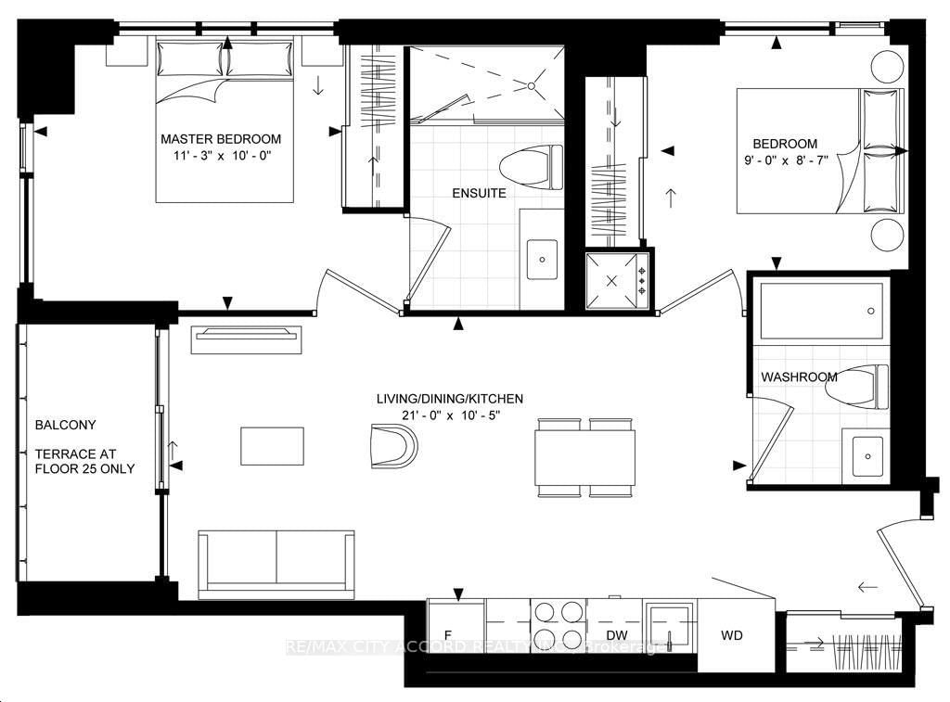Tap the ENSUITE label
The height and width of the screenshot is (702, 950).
point(480,193)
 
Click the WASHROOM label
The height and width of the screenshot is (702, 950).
point(799,377)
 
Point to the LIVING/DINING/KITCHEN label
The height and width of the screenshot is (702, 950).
point(449,399)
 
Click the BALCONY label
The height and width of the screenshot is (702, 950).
point(65,425)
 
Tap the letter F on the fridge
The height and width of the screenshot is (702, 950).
point(448,635)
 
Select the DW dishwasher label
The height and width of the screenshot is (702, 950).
point(616,635)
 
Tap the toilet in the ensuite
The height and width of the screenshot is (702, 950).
point(531,168)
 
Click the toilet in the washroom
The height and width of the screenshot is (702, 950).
point(855,385)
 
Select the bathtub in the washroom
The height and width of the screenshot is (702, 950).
point(820,311)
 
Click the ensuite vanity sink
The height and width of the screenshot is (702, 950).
point(541,259)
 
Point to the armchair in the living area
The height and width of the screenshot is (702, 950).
point(393,445)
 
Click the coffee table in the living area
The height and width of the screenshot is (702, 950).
point(272,445)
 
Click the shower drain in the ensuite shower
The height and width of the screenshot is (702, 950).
point(533,86)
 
